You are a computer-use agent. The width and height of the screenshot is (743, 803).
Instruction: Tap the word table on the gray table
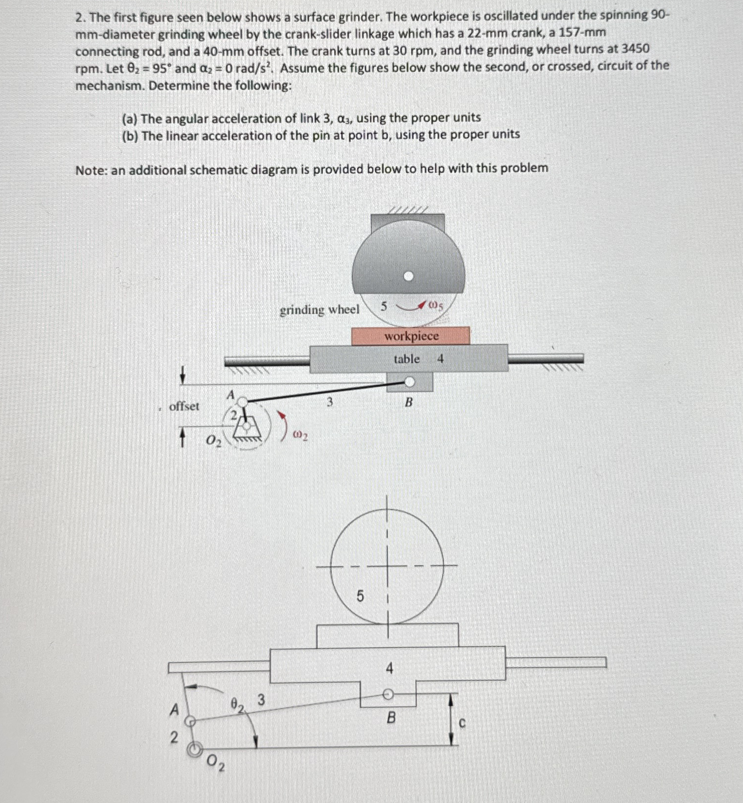tap(406, 359)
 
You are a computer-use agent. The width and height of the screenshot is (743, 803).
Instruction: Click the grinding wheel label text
tap(319, 310)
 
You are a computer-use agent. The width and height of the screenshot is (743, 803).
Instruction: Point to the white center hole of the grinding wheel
tap(408, 277)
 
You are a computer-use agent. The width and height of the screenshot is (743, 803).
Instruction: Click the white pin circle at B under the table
tap(409, 381)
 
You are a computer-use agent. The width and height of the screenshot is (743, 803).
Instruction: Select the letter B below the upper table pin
tap(409, 402)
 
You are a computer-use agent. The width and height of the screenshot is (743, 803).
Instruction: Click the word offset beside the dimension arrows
tap(184, 406)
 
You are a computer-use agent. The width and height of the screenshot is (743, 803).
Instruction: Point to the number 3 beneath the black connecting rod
tap(330, 402)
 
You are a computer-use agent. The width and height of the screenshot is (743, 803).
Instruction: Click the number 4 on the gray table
tap(440, 359)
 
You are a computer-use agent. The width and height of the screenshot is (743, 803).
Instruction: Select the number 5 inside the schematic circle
tap(360, 597)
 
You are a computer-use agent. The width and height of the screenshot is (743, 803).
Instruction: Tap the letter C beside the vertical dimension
tap(462, 723)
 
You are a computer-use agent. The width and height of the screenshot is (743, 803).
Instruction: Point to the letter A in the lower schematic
tap(173, 710)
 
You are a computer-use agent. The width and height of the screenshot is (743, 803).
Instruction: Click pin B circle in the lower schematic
tap(388, 694)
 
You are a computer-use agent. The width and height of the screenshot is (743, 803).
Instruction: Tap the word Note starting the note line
tap(91, 170)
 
